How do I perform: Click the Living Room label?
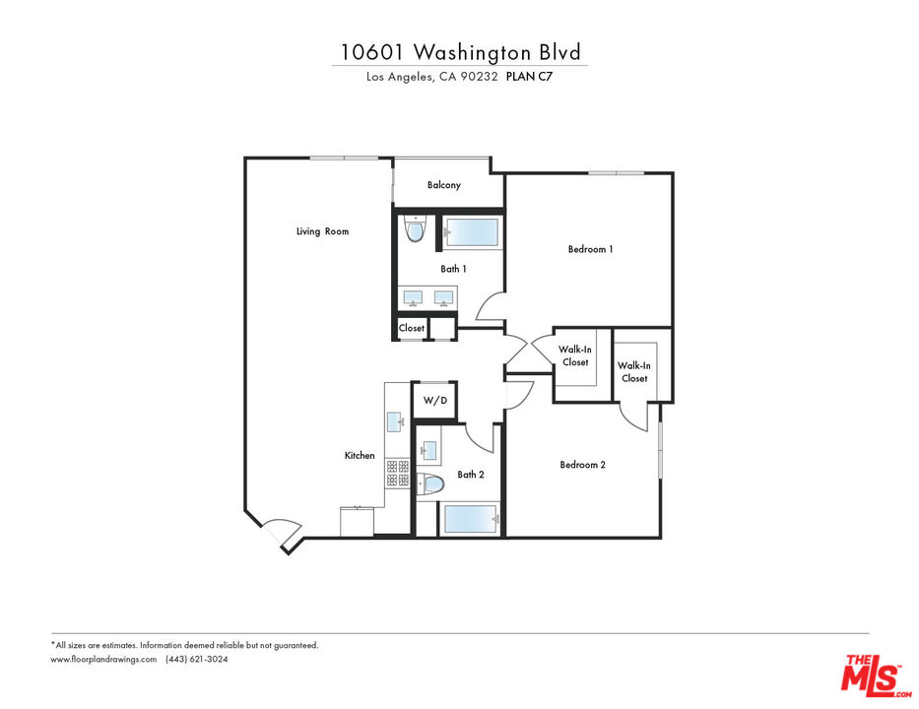(322, 231)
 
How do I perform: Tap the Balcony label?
(443, 185)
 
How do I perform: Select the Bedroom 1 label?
(590, 249)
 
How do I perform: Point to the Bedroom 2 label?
(582, 465)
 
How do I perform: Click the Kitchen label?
(360, 455)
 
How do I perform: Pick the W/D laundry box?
(434, 400)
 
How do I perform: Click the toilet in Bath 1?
(414, 231)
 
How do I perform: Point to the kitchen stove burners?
(397, 474)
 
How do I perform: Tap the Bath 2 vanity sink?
(429, 450)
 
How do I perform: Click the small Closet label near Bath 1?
(412, 328)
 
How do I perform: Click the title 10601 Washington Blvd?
(459, 51)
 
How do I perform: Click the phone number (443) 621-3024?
(197, 660)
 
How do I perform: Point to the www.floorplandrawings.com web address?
(103, 660)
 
